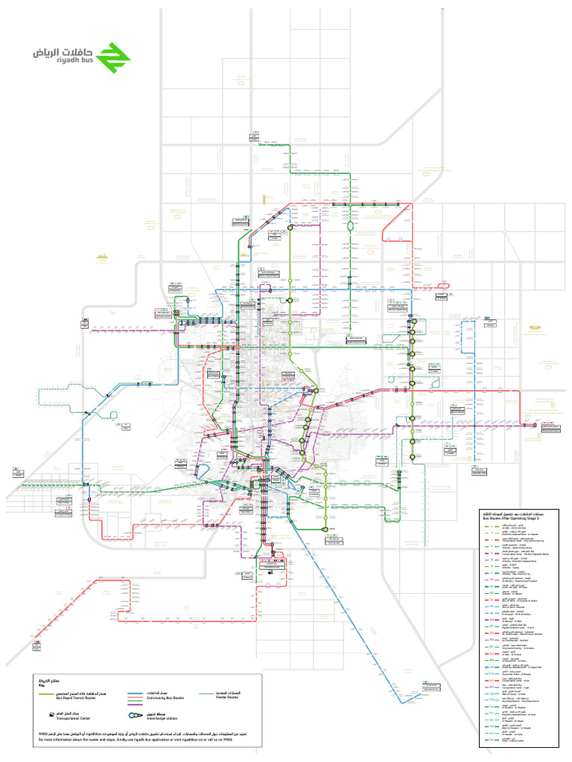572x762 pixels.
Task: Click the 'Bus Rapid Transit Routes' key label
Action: (x=76, y=698)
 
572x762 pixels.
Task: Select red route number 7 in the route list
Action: (x=492, y=540)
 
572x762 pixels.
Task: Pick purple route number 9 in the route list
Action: (x=492, y=553)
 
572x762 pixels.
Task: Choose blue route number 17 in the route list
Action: (x=492, y=573)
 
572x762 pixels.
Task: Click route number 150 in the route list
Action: (x=492, y=580)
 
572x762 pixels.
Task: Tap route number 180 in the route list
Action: (x=492, y=606)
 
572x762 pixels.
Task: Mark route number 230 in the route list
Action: (x=492, y=620)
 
